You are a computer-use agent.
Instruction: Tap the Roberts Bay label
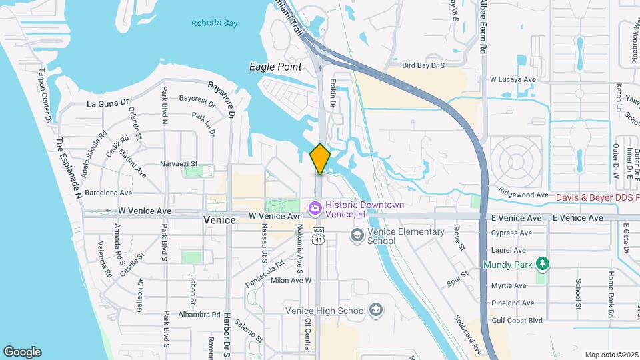point(215,23)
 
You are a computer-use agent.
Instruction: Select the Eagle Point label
point(275,67)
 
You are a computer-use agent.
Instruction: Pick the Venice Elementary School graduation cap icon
point(357,235)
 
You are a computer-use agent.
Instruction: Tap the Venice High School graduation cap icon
point(376,311)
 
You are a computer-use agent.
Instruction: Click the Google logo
point(22,352)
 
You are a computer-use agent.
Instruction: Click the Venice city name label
point(219,220)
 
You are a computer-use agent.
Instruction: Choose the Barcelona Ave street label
point(109,193)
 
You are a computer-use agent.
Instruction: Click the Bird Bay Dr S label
point(423,65)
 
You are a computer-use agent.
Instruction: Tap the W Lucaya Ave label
point(513,79)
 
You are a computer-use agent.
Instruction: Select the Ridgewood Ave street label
point(527,194)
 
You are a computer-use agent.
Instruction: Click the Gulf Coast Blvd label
point(517,321)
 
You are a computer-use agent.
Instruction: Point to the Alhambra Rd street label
point(201,315)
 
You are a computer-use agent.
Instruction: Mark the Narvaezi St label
point(179,163)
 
